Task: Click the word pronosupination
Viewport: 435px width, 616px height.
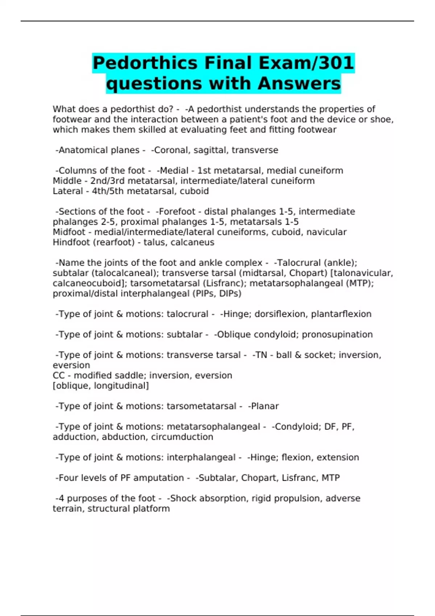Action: [337, 334]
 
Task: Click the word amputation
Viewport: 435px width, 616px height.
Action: [161, 478]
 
